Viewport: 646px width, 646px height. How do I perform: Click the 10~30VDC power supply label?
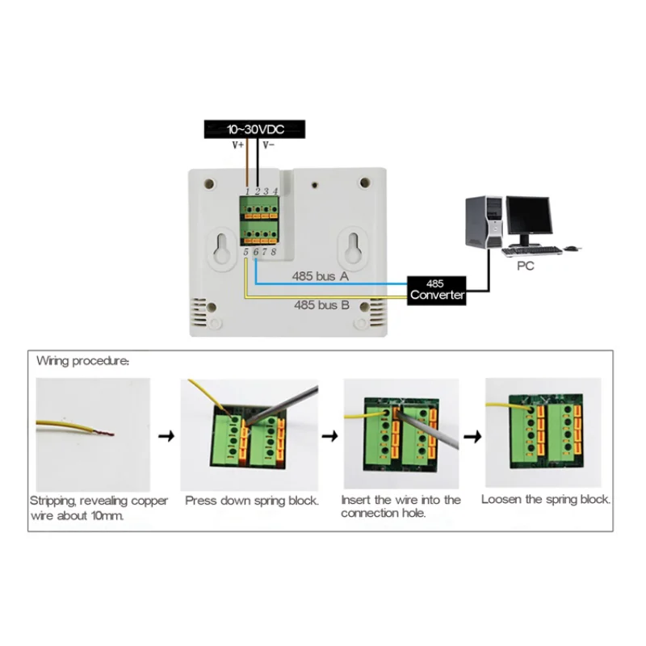tap(254, 128)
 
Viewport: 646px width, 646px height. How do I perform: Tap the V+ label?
tap(239, 145)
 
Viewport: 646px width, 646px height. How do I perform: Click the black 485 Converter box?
tap(436, 289)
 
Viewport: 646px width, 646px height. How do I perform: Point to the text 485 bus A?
tap(321, 276)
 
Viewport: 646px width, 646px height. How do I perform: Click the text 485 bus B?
tap(321, 304)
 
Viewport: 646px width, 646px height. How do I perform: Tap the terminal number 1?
tap(247, 191)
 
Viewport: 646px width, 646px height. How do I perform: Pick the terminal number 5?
tap(246, 252)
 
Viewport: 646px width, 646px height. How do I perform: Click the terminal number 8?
tap(275, 252)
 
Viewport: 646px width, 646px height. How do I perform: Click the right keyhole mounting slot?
tap(351, 249)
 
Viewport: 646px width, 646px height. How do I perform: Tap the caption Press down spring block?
tap(252, 501)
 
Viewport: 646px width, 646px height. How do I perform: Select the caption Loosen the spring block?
tap(546, 499)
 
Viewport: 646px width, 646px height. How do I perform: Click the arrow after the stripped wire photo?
tap(165, 436)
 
